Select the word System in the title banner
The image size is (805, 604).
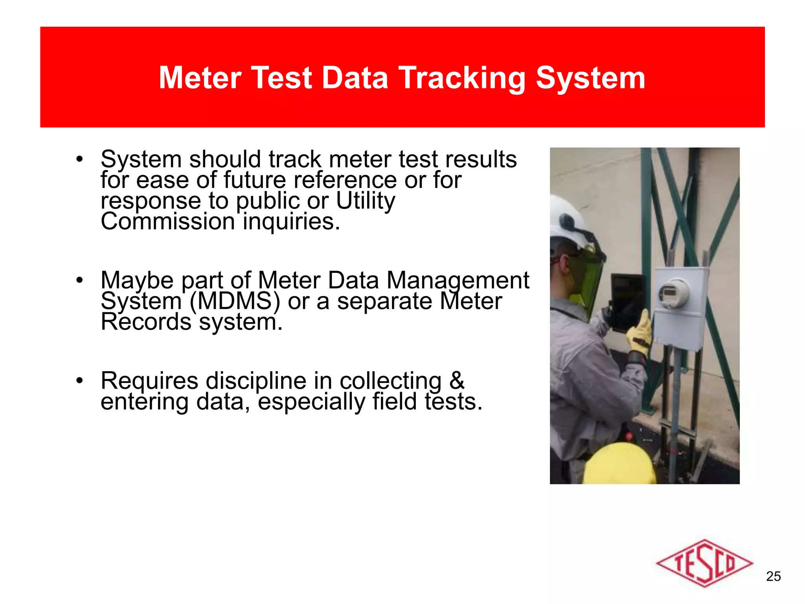coord(590,78)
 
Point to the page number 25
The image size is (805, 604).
coord(773,576)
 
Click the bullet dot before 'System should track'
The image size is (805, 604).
coord(80,160)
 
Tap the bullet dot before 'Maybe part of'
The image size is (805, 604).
coord(80,280)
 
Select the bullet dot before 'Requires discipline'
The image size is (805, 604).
coord(80,381)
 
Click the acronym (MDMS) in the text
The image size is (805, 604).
coord(235,301)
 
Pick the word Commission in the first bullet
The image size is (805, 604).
coord(167,221)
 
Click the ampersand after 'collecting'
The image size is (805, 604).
coord(457,381)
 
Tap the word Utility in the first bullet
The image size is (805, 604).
coord(366,201)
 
